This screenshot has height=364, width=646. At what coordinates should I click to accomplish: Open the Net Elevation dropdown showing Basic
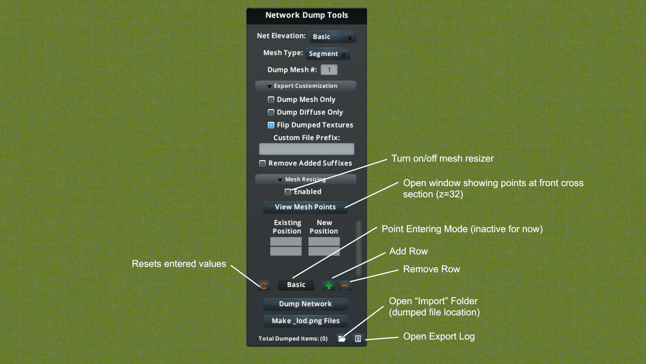[332, 37]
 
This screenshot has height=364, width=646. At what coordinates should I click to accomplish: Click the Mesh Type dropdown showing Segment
[328, 54]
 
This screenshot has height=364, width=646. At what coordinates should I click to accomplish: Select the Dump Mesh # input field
[329, 70]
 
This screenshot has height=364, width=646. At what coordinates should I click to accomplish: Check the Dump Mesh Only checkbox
[271, 99]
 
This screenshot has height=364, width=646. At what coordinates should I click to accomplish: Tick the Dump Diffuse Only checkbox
[271, 112]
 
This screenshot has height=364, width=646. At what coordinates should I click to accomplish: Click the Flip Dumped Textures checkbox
[271, 125]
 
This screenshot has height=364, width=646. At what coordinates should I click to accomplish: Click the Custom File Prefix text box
[306, 149]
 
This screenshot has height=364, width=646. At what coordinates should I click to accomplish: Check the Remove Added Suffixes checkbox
[263, 164]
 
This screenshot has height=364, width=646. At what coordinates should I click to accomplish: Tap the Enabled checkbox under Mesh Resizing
[288, 192]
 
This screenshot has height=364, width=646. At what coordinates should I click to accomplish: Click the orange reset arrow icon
[264, 285]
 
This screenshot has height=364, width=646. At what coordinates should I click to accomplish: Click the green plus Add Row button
[329, 285]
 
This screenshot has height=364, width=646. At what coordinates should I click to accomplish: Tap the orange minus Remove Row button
[345, 285]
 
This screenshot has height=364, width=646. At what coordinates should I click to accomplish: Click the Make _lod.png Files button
[305, 321]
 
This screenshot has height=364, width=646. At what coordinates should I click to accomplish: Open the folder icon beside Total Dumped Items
[342, 339]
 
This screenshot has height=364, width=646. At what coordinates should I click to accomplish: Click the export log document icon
[358, 339]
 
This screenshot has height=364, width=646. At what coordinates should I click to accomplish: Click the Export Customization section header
[305, 86]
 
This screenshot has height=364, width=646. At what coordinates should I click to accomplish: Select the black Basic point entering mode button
[296, 285]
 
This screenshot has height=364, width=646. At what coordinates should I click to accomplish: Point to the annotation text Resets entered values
[179, 264]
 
